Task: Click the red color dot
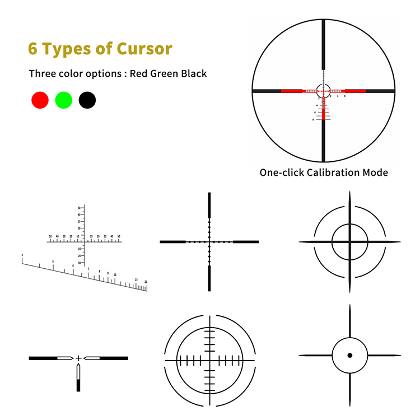(40, 100)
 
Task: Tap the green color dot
(64, 100)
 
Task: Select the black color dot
(87, 100)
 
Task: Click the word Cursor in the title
(144, 49)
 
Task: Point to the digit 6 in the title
(33, 49)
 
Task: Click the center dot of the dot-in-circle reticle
(349, 355)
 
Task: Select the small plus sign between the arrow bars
(78, 358)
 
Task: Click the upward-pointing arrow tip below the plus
(78, 367)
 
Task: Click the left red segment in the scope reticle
(291, 90)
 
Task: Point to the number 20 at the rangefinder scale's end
(146, 282)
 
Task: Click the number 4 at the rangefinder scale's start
(22, 255)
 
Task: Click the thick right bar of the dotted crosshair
(246, 242)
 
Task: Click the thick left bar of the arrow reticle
(43, 358)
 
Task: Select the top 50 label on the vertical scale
(79, 207)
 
